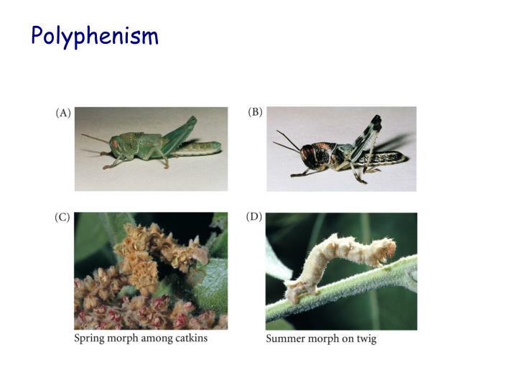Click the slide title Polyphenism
[x=94, y=35]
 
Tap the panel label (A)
[x=63, y=113]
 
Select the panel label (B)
[x=255, y=113]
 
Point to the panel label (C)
[x=62, y=218]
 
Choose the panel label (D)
[x=254, y=217]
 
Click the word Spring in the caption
[x=90, y=338]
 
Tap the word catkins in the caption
[x=192, y=338]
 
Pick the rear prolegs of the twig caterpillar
[x=294, y=290]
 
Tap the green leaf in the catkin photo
[x=208, y=287]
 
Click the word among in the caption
[x=155, y=338]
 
